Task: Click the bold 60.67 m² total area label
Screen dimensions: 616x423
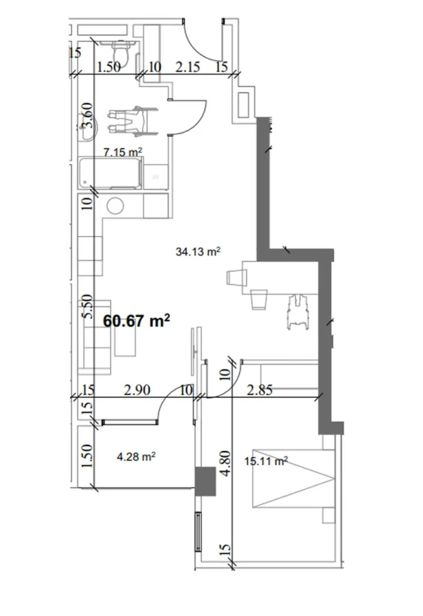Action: pos(137,320)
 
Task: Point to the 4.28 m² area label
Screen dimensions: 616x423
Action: pos(136,457)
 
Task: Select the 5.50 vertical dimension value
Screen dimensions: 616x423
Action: pos(88,306)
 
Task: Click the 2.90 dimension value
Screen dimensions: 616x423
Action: pos(137,390)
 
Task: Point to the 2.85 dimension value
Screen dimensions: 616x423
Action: pos(260,390)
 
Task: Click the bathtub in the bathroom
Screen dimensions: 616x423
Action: pos(111,174)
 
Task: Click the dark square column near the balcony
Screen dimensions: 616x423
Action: pos(205,481)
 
